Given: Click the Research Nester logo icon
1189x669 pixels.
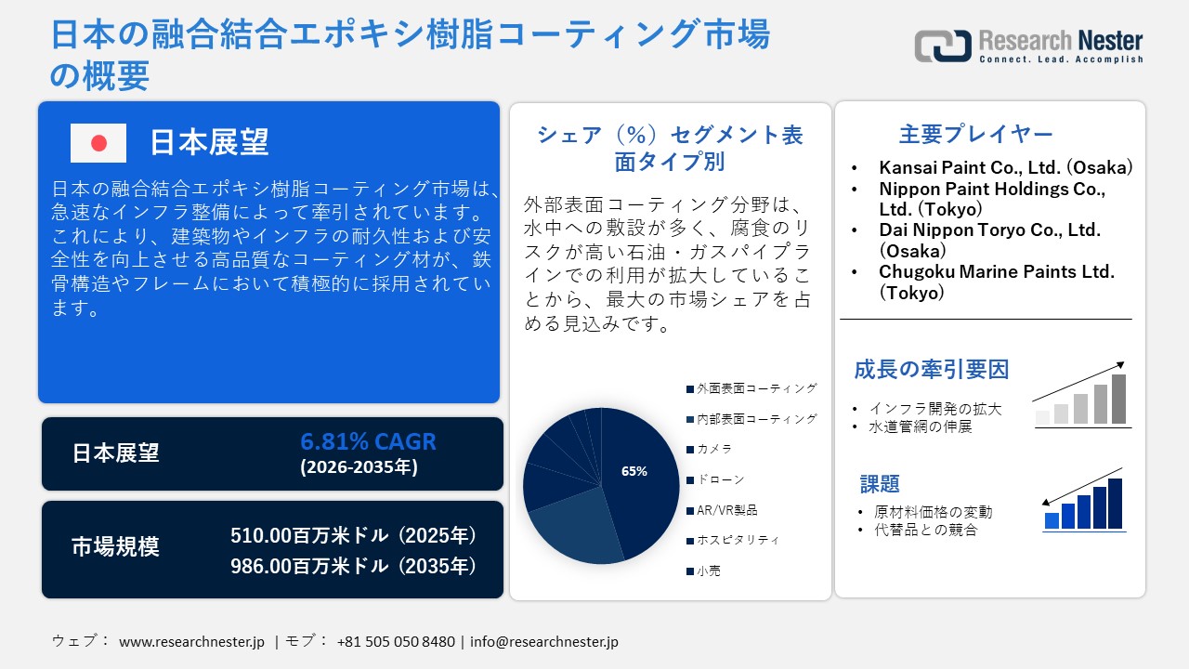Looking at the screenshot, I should coord(942,46).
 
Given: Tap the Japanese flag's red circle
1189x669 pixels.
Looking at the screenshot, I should coord(98,143).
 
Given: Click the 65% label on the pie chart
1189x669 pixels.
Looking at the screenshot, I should coord(634,471).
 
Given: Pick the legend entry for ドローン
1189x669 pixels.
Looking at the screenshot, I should coord(720,479).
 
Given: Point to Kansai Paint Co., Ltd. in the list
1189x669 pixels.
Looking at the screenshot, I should coord(1005,168).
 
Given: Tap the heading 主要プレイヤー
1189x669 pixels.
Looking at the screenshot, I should coord(975,134).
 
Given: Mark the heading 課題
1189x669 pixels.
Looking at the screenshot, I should coord(880,484).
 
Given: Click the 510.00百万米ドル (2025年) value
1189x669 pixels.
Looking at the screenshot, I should coord(354,536).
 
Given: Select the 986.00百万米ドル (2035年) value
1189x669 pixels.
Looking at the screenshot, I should coord(354,566).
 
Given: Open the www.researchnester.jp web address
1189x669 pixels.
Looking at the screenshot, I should coord(192,641).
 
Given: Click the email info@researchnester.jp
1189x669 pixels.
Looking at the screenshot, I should coord(543,641).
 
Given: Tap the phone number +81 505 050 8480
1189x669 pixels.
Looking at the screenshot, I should coord(396,641).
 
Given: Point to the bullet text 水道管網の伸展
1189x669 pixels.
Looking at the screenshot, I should coord(920,427).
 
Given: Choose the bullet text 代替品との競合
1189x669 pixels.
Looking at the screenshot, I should coord(925,530).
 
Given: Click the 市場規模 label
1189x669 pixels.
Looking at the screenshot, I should coord(115,547).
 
